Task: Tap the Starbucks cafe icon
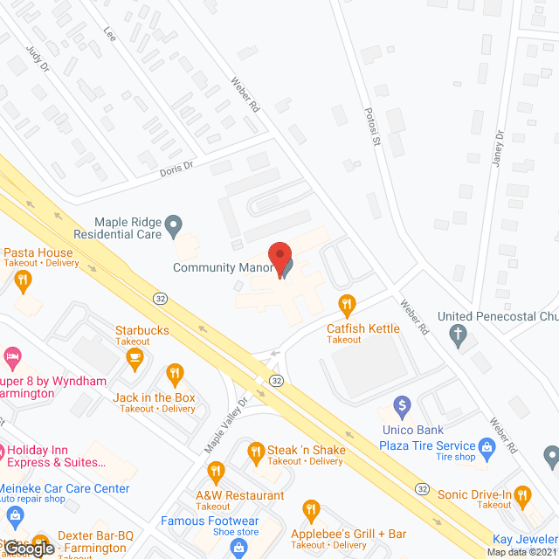[x=135, y=356]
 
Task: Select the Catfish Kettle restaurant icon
[x=348, y=305]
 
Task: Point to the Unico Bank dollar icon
[x=402, y=405]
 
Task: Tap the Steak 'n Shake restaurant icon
[x=256, y=451]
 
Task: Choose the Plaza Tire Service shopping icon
[x=487, y=448]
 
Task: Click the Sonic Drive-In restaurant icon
[x=522, y=495]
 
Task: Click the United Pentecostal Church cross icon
[x=456, y=333]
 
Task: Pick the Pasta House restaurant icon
[x=24, y=280]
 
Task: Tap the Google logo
[x=28, y=548]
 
